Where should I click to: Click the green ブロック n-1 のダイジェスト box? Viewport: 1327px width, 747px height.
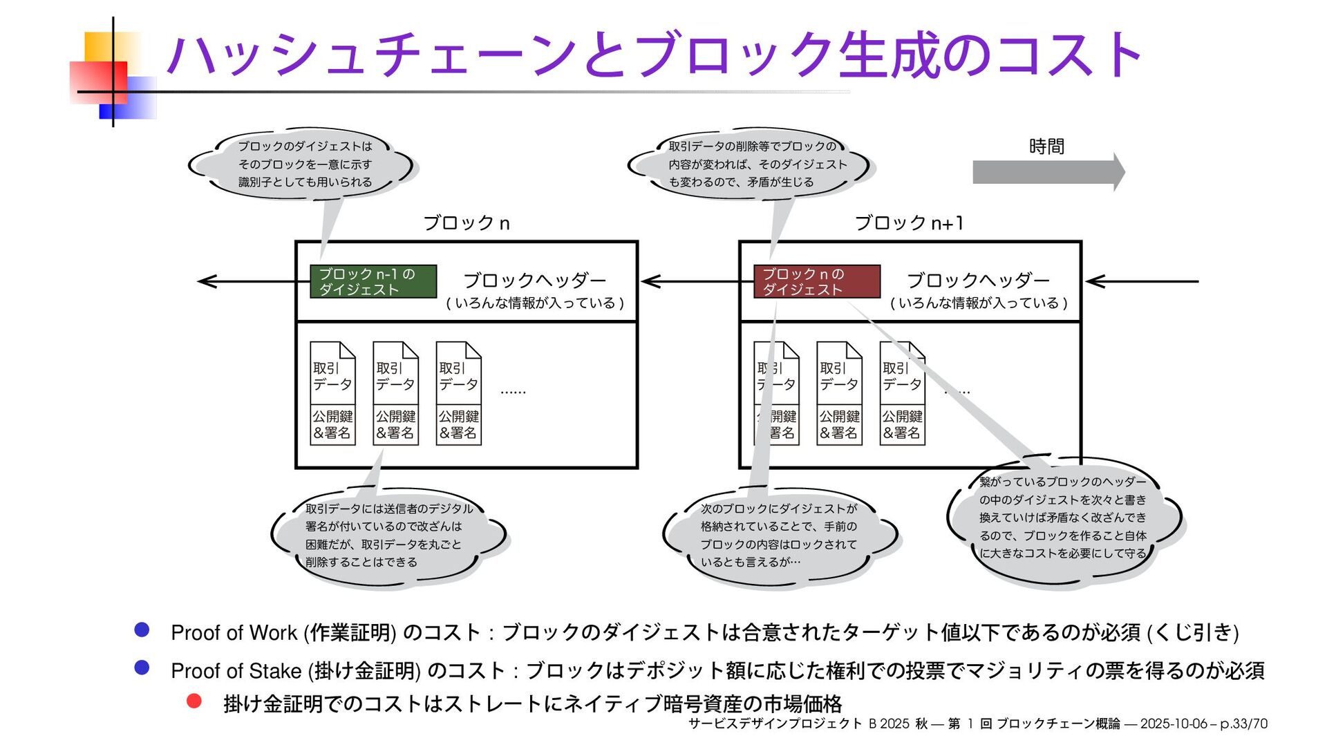373,281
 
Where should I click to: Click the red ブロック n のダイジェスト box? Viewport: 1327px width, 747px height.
817,281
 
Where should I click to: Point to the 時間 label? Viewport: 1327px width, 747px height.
1046,146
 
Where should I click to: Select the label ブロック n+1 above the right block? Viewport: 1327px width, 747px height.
909,223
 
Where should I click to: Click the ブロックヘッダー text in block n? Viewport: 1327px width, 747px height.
534,281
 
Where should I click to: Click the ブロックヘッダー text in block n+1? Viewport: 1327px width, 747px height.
978,281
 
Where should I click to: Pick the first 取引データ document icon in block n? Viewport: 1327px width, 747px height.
332,393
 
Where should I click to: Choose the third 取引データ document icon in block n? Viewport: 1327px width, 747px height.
458,393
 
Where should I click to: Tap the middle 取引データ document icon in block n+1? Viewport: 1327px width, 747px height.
839,393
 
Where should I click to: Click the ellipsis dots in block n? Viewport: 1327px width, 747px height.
513,393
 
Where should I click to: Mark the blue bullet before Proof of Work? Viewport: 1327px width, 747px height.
142,630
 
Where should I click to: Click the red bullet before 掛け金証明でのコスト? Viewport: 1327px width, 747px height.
194,701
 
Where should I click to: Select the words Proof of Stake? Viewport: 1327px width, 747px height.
236,671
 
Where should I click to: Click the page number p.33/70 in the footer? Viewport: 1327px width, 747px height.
1243,724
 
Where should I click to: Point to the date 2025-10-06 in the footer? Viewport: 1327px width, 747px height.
1173,724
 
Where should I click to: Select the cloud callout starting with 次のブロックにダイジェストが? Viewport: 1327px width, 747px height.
779,536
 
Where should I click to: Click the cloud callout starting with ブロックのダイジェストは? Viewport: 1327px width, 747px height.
305,164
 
